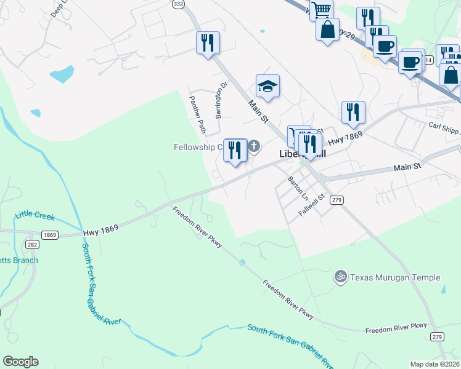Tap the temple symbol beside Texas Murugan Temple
(x=340, y=277)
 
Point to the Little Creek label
(x=35, y=216)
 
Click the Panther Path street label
(x=197, y=114)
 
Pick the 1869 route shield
(x=50, y=235)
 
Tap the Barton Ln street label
(x=297, y=188)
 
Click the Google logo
(x=20, y=362)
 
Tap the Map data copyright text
(x=435, y=364)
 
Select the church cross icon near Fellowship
(x=254, y=146)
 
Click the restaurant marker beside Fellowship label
(x=235, y=150)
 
